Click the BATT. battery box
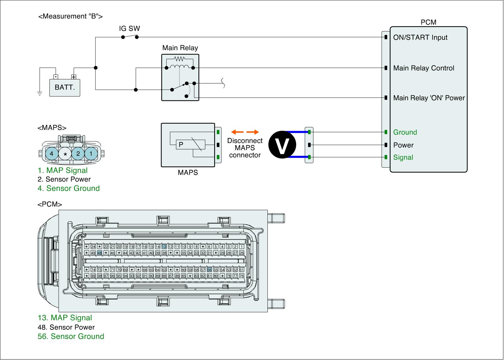click(65, 87)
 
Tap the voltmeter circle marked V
click(282, 145)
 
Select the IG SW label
click(129, 29)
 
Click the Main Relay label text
click(180, 48)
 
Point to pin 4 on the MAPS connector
click(52, 154)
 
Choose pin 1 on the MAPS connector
click(91, 154)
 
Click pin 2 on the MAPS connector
click(78, 154)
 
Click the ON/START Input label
click(420, 37)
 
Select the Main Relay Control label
click(424, 68)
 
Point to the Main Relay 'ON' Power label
click(429, 98)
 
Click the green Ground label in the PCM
click(405, 132)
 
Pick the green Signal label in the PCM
click(403, 157)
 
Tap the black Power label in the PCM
click(403, 145)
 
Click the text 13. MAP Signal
click(65, 318)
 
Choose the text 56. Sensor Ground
click(71, 336)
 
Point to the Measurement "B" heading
click(70, 16)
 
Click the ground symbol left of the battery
click(40, 94)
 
